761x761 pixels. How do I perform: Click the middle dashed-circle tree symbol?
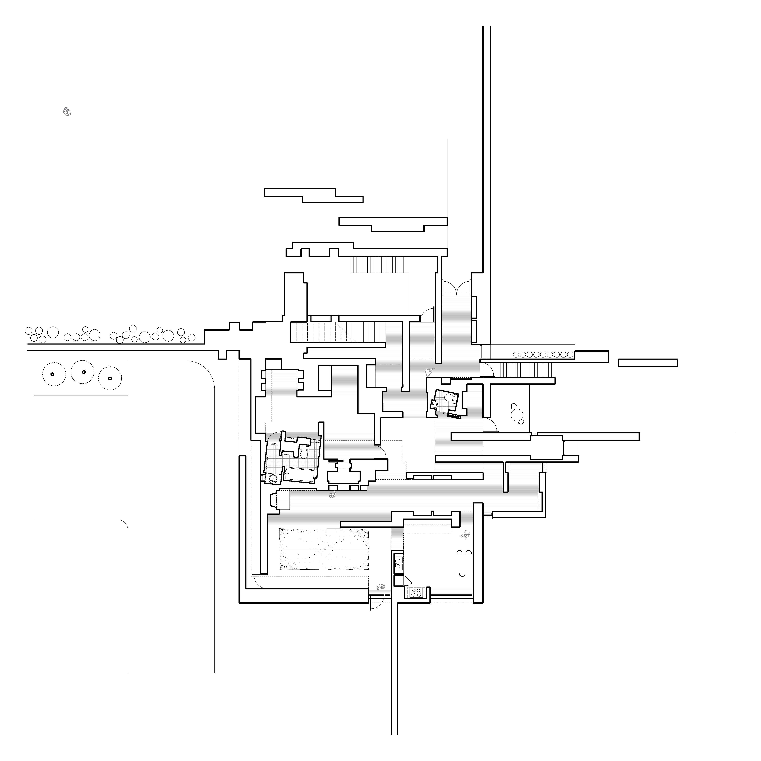point(83,372)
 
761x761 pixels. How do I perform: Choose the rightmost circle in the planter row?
point(570,355)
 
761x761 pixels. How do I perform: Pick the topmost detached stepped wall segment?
point(313,196)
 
